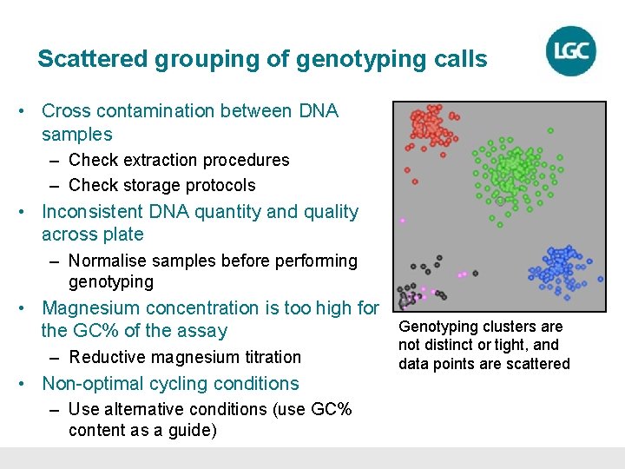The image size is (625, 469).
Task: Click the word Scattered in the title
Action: pos(93,59)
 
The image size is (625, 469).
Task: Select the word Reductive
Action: pos(108,357)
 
